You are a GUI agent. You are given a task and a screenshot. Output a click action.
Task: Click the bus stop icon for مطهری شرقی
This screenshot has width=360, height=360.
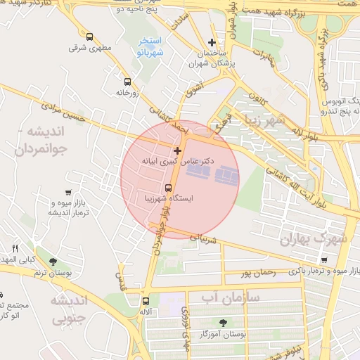89,37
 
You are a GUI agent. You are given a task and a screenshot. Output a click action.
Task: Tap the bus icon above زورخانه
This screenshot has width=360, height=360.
127,82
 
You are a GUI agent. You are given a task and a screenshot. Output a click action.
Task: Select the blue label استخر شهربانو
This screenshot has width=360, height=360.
150,47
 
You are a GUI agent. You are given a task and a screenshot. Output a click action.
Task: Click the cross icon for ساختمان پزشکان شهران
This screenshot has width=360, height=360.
212,43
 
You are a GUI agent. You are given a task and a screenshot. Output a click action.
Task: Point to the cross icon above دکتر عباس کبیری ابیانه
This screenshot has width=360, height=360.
177,150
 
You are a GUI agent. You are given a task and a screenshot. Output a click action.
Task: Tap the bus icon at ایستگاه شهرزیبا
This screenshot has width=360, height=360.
168,188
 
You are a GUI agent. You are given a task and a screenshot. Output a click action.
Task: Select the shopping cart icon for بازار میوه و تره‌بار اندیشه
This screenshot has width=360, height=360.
67,192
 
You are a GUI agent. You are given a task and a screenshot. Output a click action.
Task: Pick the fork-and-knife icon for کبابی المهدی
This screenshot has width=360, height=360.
15,248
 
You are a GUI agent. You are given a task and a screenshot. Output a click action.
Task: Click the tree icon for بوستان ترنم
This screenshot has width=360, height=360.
53,262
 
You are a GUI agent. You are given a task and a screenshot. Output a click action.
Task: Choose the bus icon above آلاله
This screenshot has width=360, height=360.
146,301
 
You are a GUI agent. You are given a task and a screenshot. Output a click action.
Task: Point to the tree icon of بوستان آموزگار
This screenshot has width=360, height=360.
223,322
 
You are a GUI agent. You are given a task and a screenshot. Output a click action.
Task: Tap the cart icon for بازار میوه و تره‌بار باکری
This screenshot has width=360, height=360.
293,270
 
